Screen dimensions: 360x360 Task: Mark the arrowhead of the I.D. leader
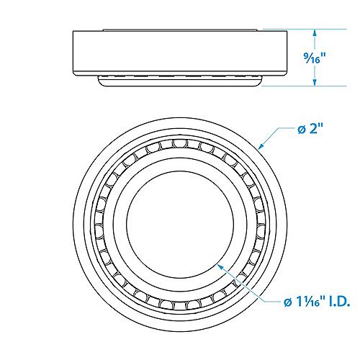pyautogui.click(x=222, y=266)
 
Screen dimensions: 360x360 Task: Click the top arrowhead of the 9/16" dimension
pyautogui.click(x=314, y=32)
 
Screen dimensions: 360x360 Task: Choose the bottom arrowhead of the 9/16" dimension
pyautogui.click(x=314, y=84)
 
